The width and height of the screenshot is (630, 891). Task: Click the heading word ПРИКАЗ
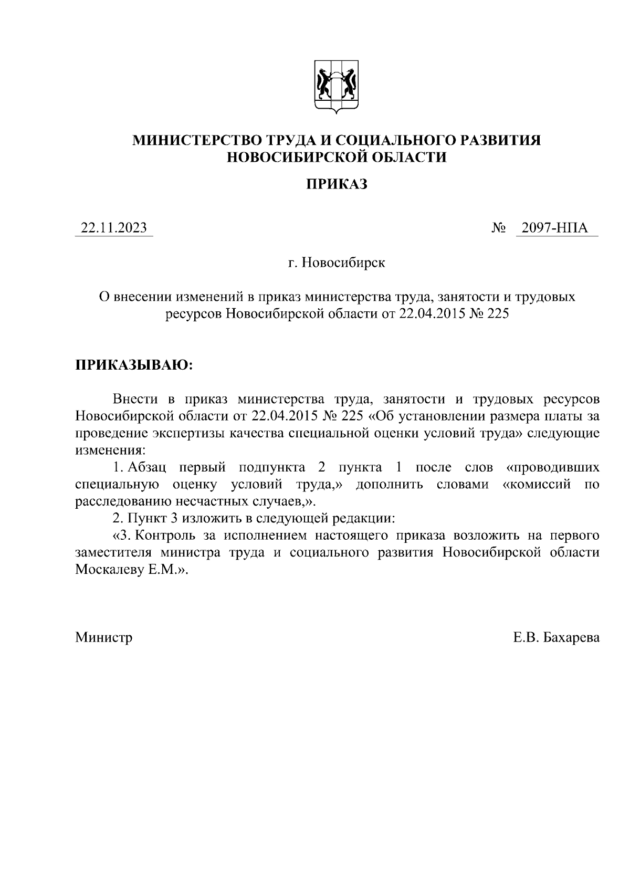(337, 184)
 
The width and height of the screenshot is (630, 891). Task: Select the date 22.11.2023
(113, 228)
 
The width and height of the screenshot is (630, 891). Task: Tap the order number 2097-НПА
(552, 228)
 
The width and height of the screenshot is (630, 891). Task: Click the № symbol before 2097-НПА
(499, 228)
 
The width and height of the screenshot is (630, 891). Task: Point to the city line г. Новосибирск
(337, 262)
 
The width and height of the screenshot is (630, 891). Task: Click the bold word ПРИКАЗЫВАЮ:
(134, 364)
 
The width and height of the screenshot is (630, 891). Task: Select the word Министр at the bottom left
(103, 637)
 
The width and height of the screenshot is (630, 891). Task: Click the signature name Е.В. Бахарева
(556, 637)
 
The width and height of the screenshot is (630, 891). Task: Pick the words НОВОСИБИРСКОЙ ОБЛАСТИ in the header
(337, 157)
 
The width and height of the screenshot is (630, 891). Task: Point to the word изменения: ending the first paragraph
(109, 450)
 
